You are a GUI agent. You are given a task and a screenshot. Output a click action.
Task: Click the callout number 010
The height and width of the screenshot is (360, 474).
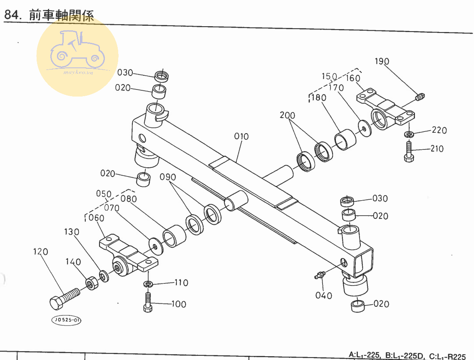[241, 137]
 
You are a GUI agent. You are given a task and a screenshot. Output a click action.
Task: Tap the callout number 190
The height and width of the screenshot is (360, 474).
[382, 62]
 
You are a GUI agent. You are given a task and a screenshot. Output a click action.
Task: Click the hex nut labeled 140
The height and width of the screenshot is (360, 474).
[92, 283]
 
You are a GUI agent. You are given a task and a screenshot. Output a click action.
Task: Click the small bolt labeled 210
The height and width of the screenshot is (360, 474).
[408, 151]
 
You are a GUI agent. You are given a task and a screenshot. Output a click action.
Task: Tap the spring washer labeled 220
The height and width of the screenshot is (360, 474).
[409, 134]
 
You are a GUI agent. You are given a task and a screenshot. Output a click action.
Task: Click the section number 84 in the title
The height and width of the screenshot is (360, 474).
[12, 15]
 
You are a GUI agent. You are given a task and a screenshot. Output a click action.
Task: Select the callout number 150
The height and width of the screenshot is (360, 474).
[329, 77]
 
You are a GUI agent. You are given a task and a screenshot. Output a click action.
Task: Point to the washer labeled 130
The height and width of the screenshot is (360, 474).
[103, 276]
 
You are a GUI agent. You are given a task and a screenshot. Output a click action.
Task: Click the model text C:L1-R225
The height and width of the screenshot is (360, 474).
[447, 356]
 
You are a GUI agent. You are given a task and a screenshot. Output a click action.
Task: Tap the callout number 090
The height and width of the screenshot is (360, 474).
[168, 177]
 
